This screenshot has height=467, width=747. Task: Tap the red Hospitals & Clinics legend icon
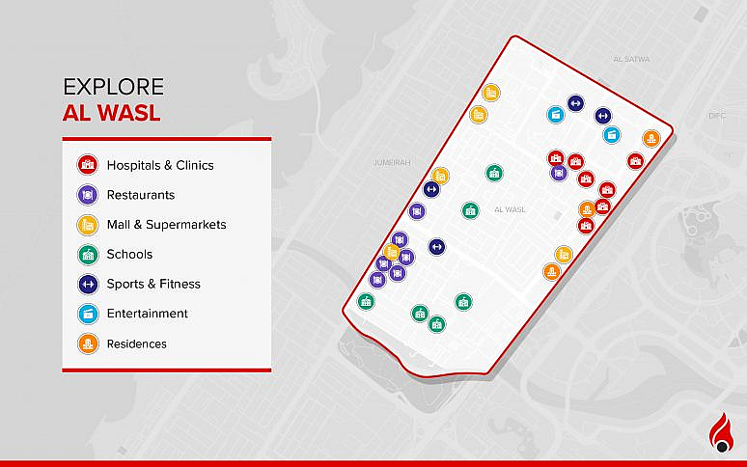pos(87,165)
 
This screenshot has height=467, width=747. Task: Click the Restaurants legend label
pos(140,195)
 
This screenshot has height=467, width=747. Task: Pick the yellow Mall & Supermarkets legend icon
pos(87,225)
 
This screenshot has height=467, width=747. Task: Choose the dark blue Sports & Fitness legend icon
pos(87,284)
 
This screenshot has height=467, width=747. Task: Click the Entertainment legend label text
pos(147,314)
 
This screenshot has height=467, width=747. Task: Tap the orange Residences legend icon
pos(87,343)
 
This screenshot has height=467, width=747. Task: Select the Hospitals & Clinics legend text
pos(160,165)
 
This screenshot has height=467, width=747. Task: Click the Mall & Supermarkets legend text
pos(166,225)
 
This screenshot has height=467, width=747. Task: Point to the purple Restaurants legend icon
pos(87,195)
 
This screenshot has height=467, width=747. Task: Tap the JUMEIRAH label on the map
pos(391,163)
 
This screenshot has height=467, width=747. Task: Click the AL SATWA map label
pos(631,59)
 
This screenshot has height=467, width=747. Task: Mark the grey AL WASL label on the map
pos(509,209)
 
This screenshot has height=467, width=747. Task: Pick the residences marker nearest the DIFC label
pos(651,139)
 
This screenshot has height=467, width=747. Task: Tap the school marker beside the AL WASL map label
pos(470,209)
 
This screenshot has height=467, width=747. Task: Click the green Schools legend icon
pos(87,255)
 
